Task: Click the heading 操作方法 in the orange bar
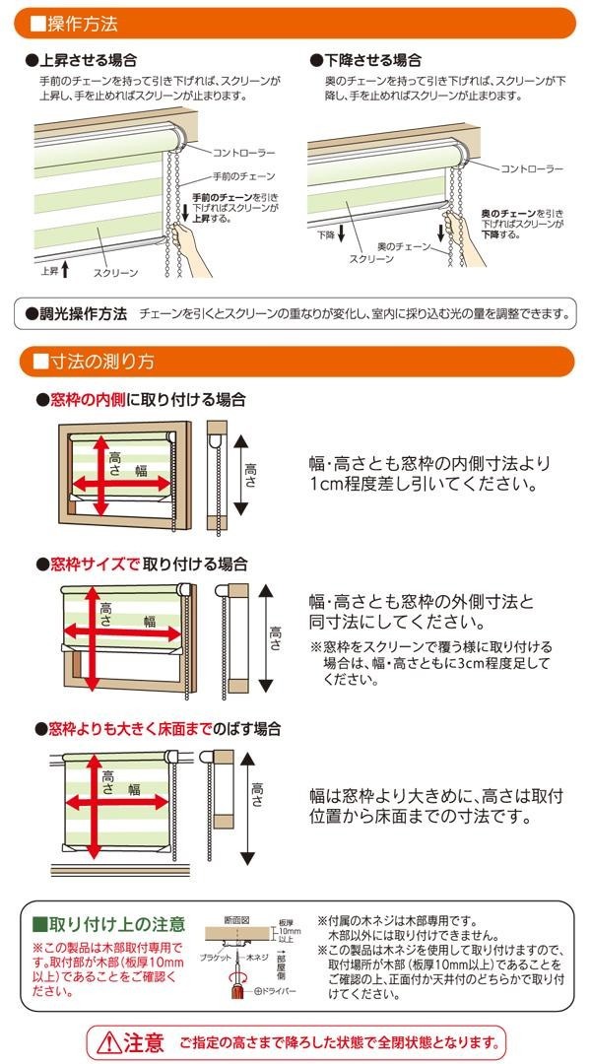pos(82,24)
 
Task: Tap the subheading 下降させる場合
pos(371,60)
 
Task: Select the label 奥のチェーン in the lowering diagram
pos(404,246)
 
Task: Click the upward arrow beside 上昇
pos(65,269)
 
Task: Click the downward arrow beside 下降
pos(341,233)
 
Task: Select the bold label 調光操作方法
pos(83,313)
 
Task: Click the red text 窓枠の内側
pos(88,400)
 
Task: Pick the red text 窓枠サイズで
pos(95,564)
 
